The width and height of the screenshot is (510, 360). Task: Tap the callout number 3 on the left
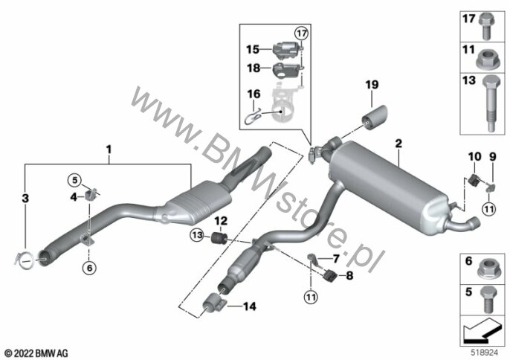click(x=25, y=199)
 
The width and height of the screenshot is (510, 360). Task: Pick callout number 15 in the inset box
click(x=254, y=50)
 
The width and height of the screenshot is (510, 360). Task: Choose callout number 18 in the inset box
click(x=253, y=68)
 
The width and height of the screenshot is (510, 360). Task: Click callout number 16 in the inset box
click(x=254, y=94)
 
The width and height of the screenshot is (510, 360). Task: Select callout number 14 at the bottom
click(x=248, y=306)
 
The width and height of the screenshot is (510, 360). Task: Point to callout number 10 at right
click(x=473, y=157)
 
